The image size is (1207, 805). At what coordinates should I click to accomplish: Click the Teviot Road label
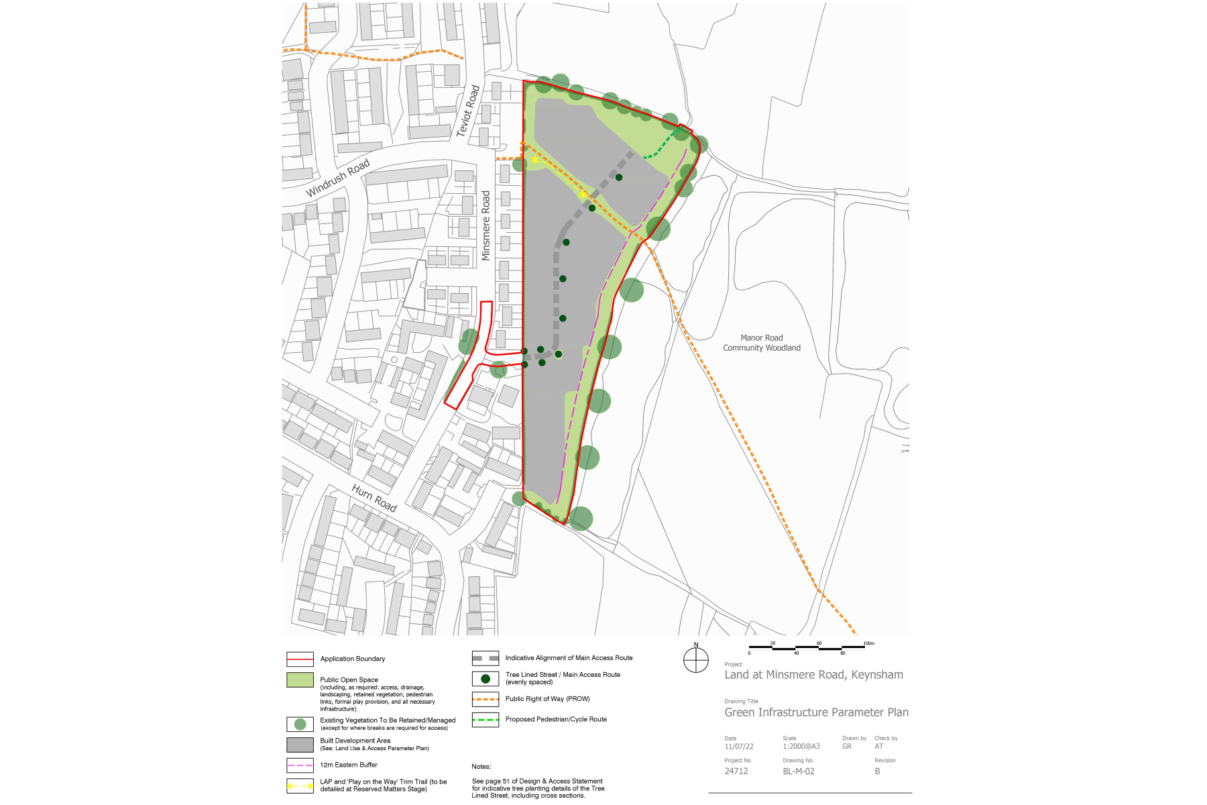coord(468,111)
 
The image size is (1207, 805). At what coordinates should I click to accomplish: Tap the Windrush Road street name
coord(338,178)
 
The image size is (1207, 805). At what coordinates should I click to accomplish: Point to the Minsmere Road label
coord(486,225)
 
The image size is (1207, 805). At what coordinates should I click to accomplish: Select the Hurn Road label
coord(374,498)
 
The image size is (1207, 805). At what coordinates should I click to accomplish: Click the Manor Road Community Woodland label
coord(762,343)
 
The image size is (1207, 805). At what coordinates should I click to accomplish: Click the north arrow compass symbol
coord(696,660)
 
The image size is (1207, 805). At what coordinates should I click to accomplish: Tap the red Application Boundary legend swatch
coord(300,659)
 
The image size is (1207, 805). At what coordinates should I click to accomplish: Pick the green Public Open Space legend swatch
coord(300,680)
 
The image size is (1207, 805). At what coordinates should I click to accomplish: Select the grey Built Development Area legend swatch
coord(300,745)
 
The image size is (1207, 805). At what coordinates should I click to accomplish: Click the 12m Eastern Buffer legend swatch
coord(300,765)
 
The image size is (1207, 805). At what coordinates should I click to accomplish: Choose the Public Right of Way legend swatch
coord(485,699)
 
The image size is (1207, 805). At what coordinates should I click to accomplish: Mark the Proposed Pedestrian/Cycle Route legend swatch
coord(485,720)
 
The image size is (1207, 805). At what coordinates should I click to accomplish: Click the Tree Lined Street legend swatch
coord(485,678)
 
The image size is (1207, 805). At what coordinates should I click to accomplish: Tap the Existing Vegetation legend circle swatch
coord(300,724)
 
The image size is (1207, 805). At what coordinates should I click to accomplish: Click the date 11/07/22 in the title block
coord(739,747)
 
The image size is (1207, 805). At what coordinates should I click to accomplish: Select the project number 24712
coord(736,771)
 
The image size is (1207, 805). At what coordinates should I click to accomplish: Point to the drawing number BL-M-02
coord(799,771)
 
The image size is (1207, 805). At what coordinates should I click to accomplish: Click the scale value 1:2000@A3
coord(801,747)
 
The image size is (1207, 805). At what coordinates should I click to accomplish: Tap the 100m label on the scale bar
coord(869,643)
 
